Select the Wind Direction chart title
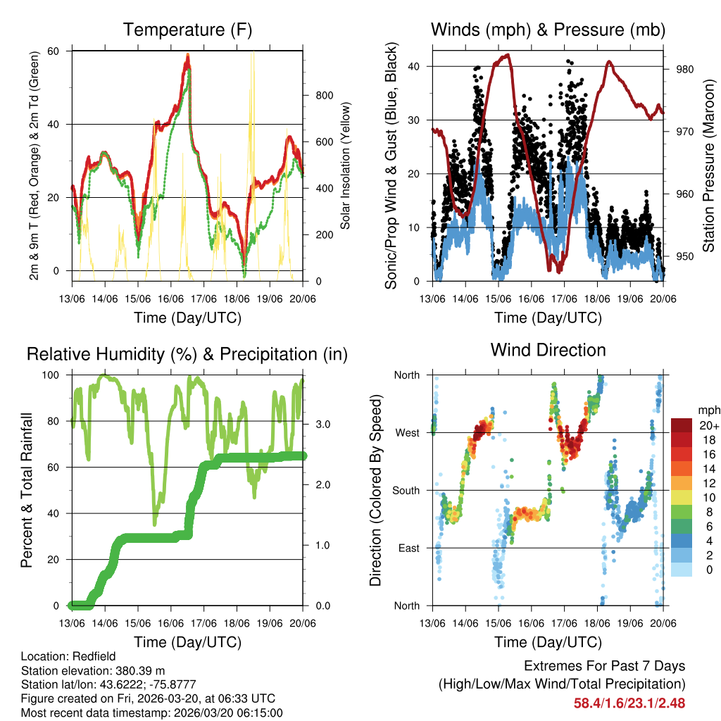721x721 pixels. coord(548,350)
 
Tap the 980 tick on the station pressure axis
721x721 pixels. coord(686,69)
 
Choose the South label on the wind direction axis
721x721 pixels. coord(406,490)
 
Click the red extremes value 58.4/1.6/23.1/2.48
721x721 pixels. coord(629,703)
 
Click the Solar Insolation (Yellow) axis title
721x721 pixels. coord(346,166)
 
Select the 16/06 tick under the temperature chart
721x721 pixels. coord(171,299)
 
